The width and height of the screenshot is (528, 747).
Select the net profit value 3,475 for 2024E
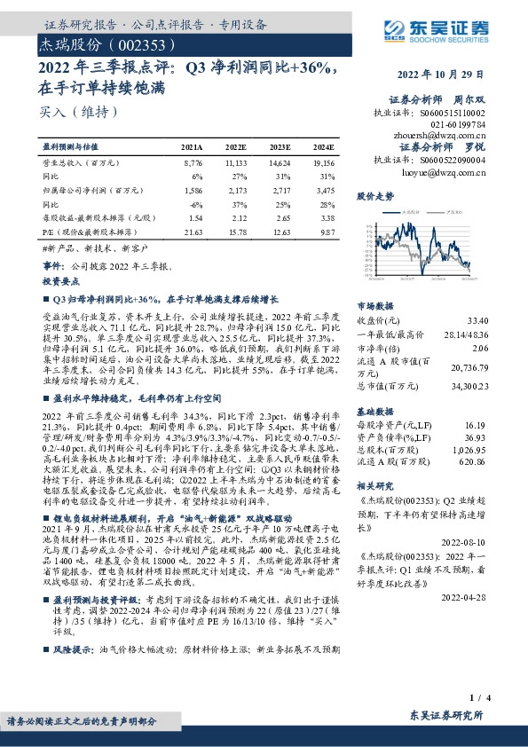click(x=326, y=190)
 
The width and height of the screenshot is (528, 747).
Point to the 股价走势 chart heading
click(x=374, y=195)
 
